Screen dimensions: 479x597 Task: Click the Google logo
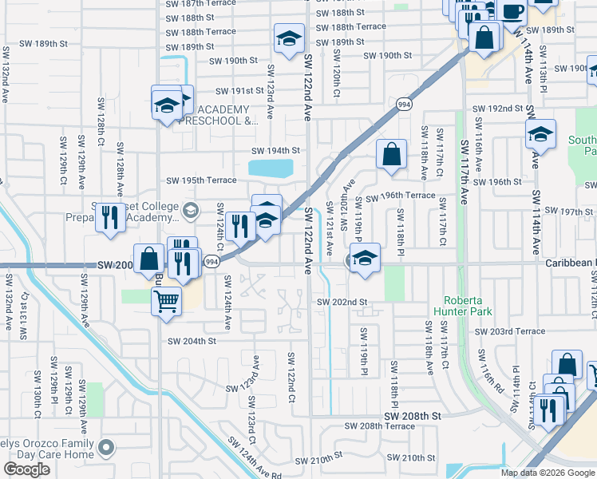click(x=26, y=469)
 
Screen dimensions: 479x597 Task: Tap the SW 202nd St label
click(x=342, y=302)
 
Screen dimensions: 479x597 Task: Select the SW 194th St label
click(x=275, y=150)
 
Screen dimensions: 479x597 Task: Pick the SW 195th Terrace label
click(x=201, y=180)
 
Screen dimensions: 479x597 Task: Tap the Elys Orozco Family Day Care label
click(x=48, y=449)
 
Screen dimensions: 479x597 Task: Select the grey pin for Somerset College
click(x=190, y=211)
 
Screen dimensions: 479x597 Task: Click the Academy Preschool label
click(x=222, y=116)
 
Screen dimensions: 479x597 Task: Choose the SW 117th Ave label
click(x=466, y=172)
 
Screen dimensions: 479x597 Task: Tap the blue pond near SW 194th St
click(x=270, y=168)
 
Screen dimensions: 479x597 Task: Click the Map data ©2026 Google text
click(x=547, y=473)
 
